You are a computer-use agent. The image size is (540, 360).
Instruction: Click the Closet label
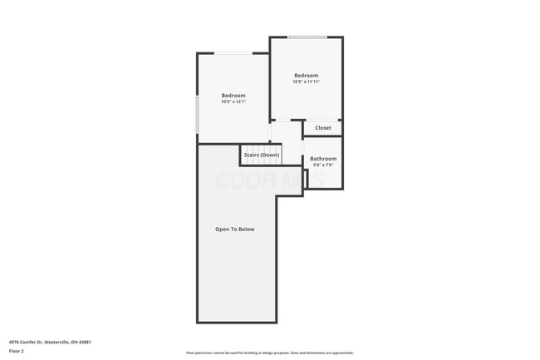point(323,128)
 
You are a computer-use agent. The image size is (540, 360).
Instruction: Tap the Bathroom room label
point(323,159)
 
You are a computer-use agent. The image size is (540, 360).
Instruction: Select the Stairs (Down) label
point(261,155)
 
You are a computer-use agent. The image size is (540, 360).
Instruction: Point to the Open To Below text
point(235,229)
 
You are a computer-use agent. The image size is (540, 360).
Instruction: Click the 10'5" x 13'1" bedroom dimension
point(233,102)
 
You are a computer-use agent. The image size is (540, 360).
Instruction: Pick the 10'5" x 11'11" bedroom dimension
point(306,82)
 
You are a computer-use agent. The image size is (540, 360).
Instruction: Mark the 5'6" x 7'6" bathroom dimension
point(323,165)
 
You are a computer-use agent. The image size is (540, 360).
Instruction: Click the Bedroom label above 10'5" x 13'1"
point(233,96)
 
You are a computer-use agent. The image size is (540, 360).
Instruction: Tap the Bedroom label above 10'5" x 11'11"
point(306,76)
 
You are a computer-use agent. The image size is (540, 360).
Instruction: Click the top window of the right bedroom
point(307,37)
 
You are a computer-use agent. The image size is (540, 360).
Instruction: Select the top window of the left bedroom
point(234,54)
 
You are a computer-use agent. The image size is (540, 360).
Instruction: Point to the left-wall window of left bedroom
point(197,114)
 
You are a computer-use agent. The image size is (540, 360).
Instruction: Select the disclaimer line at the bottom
point(269,353)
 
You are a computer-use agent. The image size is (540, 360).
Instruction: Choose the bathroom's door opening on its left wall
point(303,163)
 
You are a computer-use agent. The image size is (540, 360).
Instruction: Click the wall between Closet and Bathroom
point(323,136)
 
